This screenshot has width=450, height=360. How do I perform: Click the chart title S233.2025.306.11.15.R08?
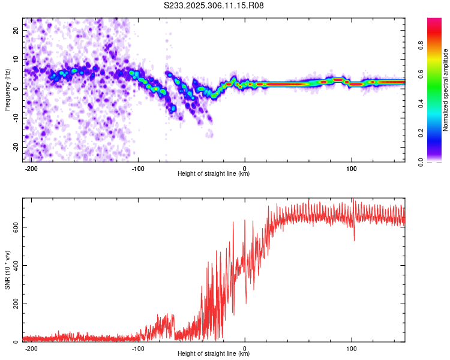214,6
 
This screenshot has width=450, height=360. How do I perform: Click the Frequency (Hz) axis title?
8,90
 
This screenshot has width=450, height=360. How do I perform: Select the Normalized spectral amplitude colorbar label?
446,90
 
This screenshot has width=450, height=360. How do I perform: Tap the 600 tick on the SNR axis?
14,227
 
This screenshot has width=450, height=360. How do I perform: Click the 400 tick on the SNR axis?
14,265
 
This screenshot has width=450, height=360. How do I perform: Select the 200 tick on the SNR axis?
14,304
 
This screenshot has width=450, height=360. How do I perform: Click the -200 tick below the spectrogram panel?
32,169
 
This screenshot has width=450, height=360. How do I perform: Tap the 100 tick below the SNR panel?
350,349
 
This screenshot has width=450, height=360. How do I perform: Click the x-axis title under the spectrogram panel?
214,174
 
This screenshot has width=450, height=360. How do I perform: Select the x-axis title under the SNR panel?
214,354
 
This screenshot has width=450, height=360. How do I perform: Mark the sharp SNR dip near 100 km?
354,239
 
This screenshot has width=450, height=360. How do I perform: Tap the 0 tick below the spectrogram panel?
245,169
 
